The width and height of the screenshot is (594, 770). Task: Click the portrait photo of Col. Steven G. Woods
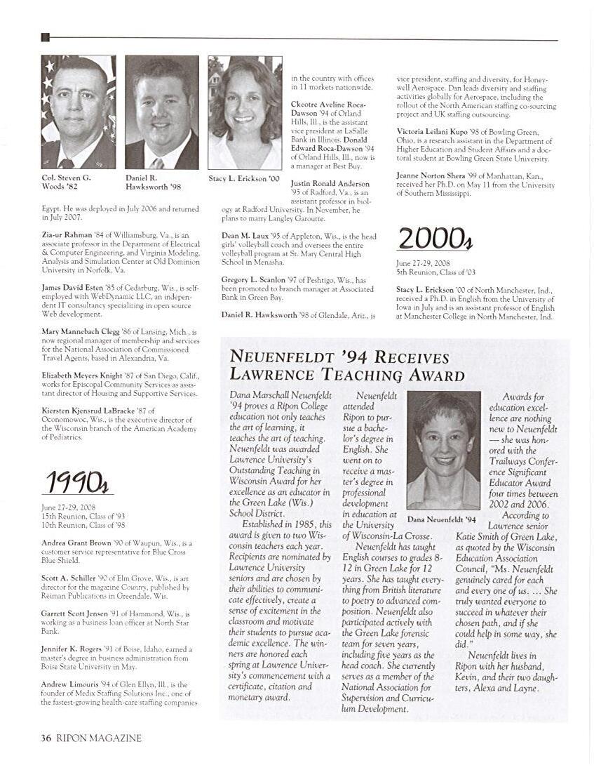click(x=78, y=112)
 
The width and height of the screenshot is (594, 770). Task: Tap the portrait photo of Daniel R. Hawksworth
click(x=161, y=112)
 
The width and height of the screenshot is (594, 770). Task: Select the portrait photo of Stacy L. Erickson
click(x=245, y=112)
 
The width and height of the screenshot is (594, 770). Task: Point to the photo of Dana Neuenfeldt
click(x=443, y=451)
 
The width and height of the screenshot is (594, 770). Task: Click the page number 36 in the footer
click(x=46, y=738)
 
